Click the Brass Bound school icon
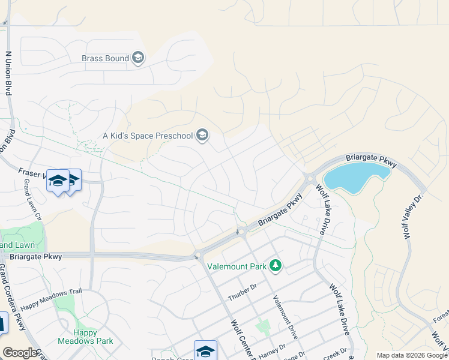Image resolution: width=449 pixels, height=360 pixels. click(x=139, y=58)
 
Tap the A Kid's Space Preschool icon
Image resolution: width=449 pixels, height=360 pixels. click(x=202, y=136)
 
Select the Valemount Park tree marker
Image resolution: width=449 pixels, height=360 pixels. click(x=276, y=265)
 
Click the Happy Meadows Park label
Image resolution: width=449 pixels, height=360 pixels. click(x=85, y=337)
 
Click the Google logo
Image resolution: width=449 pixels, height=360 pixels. click(x=20, y=353)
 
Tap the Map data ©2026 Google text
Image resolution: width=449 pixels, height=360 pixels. click(x=411, y=355)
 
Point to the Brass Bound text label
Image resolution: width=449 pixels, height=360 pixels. click(x=106, y=58)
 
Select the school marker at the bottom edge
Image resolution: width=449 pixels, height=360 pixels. click(x=205, y=350)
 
